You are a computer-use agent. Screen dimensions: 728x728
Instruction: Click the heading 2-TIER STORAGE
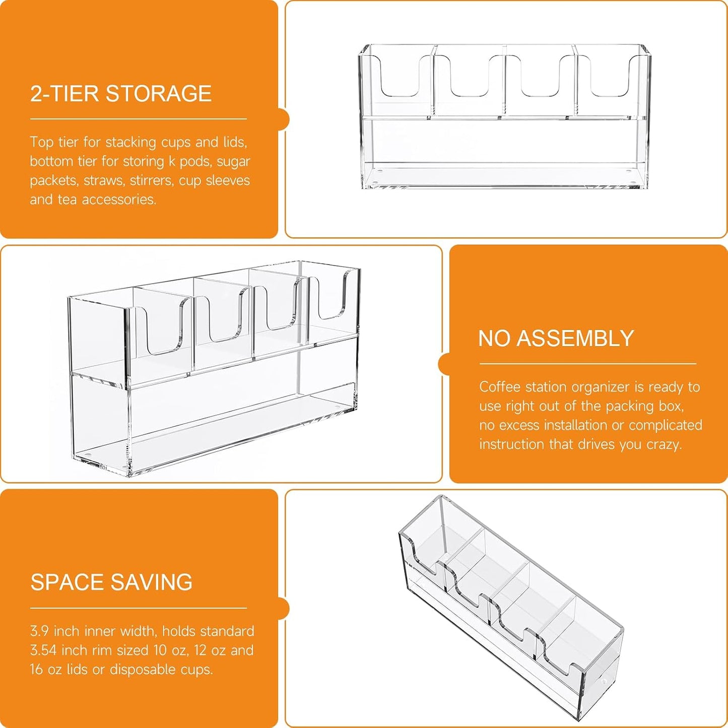tap(121, 93)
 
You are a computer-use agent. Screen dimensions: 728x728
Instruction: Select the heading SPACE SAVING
tap(111, 582)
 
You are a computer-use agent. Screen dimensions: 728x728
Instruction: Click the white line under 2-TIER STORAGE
tap(138, 119)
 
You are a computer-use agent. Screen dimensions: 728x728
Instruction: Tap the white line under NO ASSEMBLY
tap(588, 364)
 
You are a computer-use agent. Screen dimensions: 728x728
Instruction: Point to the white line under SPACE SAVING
tap(138, 608)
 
